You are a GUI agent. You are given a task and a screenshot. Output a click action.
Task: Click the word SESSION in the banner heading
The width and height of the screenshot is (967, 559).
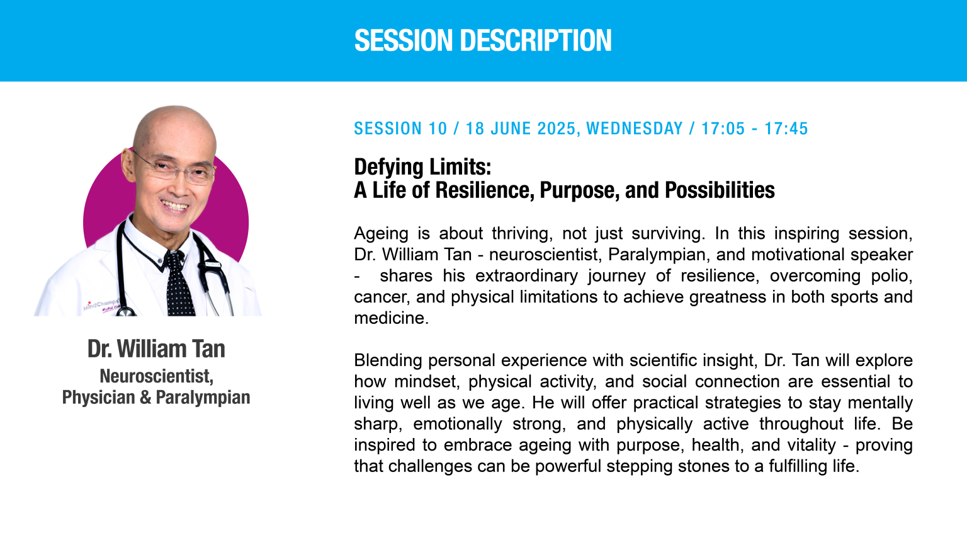(x=404, y=40)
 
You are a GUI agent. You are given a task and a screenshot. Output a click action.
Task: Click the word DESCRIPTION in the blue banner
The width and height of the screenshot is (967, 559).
(x=536, y=40)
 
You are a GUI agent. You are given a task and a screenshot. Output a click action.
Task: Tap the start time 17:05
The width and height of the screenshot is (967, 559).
(x=723, y=129)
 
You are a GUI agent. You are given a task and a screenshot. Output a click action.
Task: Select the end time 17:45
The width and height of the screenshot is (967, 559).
(x=786, y=129)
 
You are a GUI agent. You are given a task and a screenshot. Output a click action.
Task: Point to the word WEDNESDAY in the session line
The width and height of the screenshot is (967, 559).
(x=635, y=129)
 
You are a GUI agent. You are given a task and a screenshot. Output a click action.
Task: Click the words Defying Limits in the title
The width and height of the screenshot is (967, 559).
(x=422, y=167)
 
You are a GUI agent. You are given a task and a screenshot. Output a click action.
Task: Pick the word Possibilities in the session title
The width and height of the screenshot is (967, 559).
(x=720, y=190)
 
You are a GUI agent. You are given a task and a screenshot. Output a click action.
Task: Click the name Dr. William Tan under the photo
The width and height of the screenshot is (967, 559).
(x=156, y=349)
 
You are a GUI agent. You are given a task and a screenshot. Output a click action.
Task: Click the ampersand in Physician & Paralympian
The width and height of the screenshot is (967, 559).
(x=145, y=398)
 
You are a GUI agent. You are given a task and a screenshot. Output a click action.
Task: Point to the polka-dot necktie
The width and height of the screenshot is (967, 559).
(x=178, y=283)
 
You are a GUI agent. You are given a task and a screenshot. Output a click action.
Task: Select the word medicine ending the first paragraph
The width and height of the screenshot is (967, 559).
(x=391, y=318)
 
